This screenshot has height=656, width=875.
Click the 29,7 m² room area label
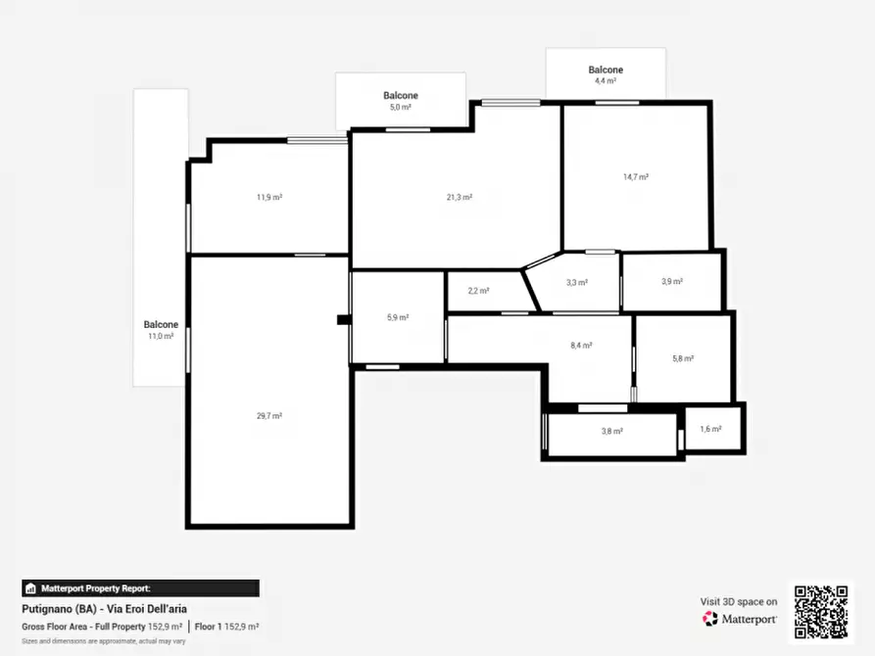click(269, 416)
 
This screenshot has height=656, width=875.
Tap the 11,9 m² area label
click(269, 198)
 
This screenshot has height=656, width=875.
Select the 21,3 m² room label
click(460, 198)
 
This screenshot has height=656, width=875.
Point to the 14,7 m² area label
click(636, 177)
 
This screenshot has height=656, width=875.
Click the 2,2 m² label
click(478, 291)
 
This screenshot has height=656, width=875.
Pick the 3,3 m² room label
click(576, 283)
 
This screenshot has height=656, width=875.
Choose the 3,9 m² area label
click(672, 282)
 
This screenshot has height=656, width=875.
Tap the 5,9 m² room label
click(398, 318)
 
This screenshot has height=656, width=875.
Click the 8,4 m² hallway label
click(581, 346)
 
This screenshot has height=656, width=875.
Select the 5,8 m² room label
click(683, 359)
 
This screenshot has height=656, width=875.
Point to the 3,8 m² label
click(612, 431)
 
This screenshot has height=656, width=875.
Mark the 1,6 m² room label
click(711, 430)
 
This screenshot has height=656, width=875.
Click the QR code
click(821, 612)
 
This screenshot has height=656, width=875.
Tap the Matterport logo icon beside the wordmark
click(709, 619)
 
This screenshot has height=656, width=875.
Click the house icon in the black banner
click(30, 588)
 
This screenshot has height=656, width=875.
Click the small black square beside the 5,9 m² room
click(344, 319)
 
